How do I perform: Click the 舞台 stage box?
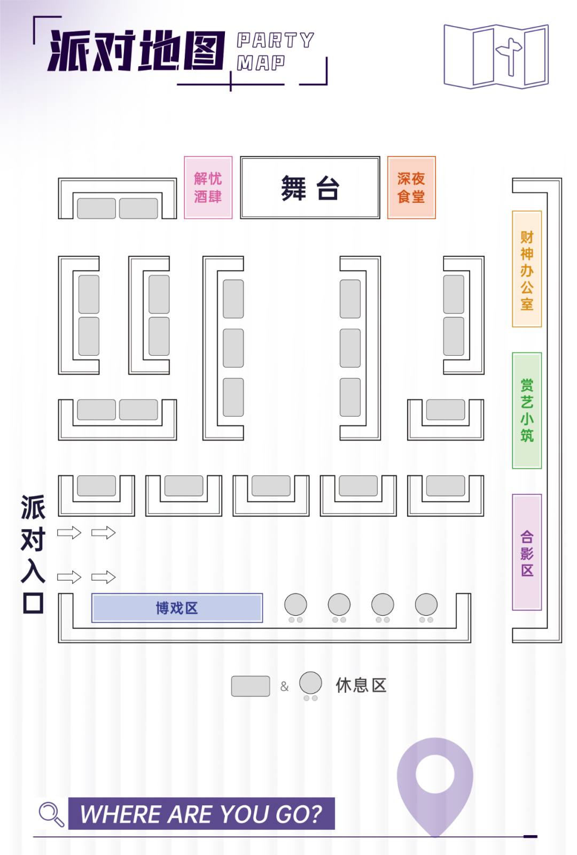tap(310, 187)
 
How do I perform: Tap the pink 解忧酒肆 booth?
tap(208, 187)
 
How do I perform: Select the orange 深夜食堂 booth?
tap(411, 187)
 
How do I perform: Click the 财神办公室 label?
tap(527, 270)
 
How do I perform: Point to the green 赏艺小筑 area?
tap(527, 410)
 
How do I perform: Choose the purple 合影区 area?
tap(527, 552)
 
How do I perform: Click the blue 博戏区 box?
tap(177, 608)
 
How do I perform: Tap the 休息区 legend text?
tap(361, 686)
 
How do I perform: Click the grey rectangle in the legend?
tap(251, 686)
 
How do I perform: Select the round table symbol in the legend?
tap(310, 686)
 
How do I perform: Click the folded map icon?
tap(496, 57)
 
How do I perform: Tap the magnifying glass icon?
tap(51, 814)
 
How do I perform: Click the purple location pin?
tap(435, 787)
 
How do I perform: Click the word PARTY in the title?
tap(275, 40)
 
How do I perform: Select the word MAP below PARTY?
tap(261, 62)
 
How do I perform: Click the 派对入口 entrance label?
tap(33, 554)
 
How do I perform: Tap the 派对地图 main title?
tap(136, 50)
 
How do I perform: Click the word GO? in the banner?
tap(299, 814)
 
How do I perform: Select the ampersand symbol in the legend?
tap(284, 686)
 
